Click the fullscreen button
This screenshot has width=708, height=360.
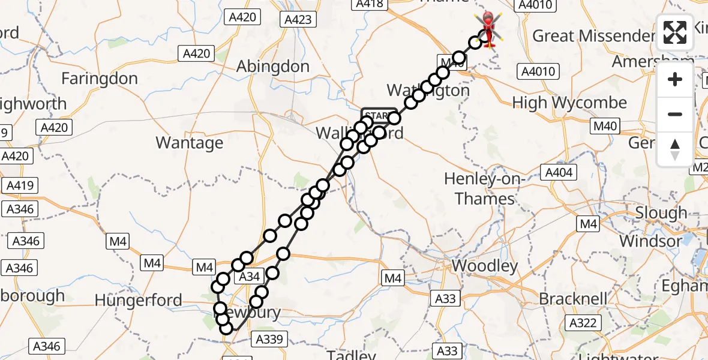(x=675, y=32)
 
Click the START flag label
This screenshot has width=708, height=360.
(x=379, y=115)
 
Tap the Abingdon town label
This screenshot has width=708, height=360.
(x=273, y=66)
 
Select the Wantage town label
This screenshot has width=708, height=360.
(x=189, y=143)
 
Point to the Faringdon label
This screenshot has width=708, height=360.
(x=100, y=79)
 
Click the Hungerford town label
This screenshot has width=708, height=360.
(x=138, y=299)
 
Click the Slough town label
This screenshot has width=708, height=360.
(x=661, y=213)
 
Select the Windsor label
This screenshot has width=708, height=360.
(x=651, y=242)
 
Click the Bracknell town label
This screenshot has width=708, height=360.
(x=572, y=298)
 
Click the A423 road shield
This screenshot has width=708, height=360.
(x=298, y=20)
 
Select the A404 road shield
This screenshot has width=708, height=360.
(x=559, y=173)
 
